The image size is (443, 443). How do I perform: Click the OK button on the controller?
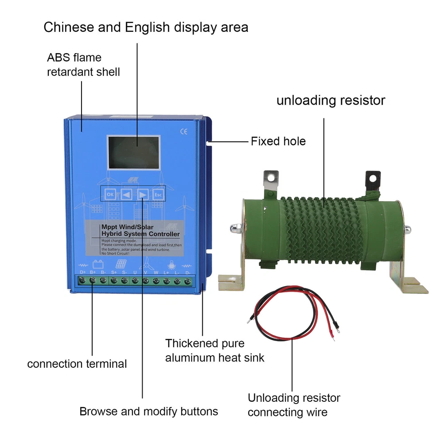[110, 194]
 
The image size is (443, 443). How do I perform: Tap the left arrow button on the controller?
[127, 194]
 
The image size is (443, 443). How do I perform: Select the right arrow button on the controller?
[143, 194]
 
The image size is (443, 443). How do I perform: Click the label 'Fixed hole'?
[278, 141]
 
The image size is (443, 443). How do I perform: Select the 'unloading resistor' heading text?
[331, 100]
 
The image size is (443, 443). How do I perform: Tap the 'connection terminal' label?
[77, 364]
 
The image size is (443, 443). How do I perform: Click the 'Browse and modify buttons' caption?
[149, 411]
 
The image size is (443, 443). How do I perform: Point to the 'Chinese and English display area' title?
[146, 27]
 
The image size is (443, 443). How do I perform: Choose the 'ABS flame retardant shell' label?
[83, 64]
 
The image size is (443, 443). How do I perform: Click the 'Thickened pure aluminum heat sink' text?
[214, 350]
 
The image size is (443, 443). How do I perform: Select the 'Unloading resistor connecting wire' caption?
[294, 405]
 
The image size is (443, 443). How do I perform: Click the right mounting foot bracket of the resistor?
[408, 279]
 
